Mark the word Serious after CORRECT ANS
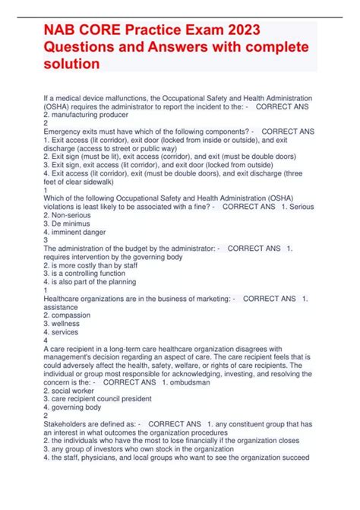pos(299,224)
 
